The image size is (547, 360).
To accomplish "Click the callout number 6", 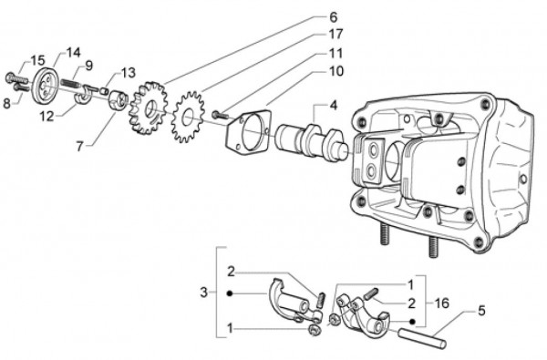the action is (333, 17).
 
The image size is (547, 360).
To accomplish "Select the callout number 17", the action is (335, 34).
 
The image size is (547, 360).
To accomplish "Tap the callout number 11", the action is (335, 54).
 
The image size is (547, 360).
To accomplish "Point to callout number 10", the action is (336, 71).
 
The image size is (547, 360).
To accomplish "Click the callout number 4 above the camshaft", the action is (334, 105).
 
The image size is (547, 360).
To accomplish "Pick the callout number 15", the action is (37, 60).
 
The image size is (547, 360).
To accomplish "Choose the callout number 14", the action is (73, 52).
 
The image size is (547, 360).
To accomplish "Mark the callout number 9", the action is (89, 66).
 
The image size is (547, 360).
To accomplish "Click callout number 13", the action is (128, 73).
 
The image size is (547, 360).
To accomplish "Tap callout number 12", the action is (46, 116).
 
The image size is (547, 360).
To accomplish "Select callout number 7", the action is (80, 147).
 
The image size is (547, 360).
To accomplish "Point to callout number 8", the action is (6, 103).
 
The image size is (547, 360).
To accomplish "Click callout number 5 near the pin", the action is (481, 310).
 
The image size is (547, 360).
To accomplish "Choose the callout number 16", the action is (441, 303).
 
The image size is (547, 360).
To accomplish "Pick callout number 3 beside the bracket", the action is (204, 293).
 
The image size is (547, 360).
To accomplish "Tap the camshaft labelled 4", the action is (312, 142).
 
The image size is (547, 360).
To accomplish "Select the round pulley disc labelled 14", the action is (46, 86).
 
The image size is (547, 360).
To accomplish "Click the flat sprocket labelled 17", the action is (187, 117).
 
